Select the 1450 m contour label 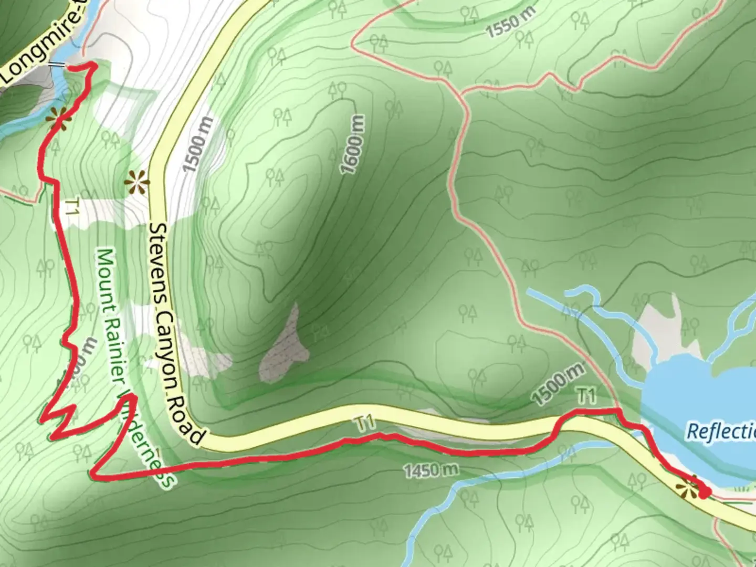click(x=430, y=470)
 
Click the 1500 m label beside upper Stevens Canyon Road click(x=198, y=144)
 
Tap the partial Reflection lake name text click(x=721, y=432)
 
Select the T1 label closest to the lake click(x=586, y=396)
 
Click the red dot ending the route click(x=705, y=492)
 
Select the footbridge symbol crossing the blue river click(x=58, y=66)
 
